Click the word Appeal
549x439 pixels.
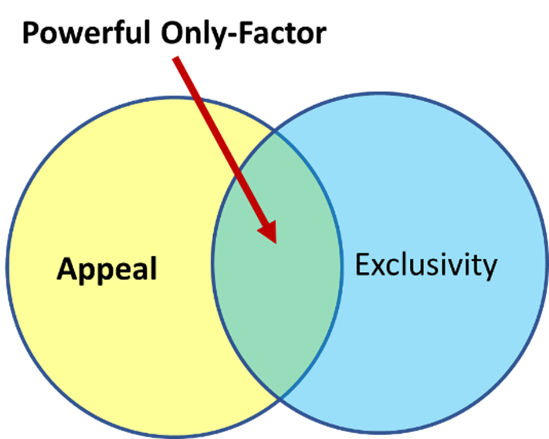(107, 269)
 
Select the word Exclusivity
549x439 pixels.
(425, 266)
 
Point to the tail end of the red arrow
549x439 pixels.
(176, 59)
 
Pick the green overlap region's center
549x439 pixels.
(276, 263)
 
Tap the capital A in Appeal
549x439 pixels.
(67, 269)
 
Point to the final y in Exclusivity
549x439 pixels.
(489, 269)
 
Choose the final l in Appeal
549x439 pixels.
(153, 267)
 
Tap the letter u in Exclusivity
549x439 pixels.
(416, 267)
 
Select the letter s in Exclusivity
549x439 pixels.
(432, 267)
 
